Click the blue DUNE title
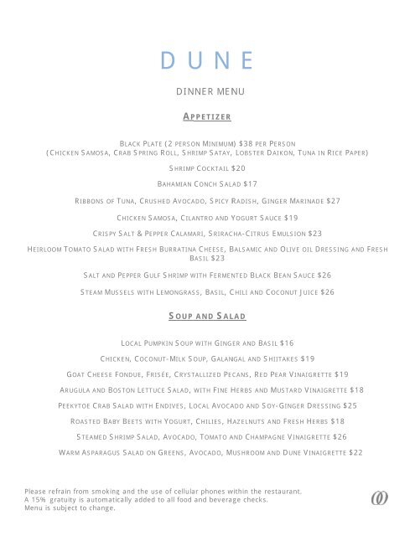[x=206, y=60]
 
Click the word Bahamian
[x=176, y=184]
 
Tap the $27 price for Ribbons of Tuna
[x=333, y=201]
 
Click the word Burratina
[x=222, y=250]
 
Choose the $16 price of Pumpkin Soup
[x=287, y=343]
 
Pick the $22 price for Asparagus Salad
[x=355, y=453]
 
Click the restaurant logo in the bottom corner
[x=380, y=498]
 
